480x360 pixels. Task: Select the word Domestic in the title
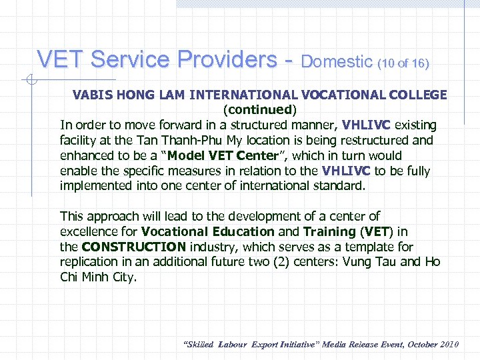coord(337,62)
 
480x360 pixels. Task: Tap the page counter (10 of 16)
coord(403,63)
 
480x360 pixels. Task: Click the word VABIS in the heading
coord(93,95)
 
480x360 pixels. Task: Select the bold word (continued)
coord(260,109)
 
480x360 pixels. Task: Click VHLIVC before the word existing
coord(368,125)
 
